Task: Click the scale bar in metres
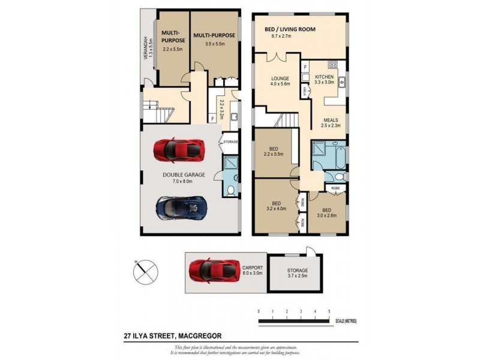[x=294, y=321]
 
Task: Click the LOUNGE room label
[x=280, y=78]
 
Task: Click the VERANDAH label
[x=144, y=47]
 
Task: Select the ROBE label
[x=335, y=188]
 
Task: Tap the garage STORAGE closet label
[x=230, y=142]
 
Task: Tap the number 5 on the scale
[x=329, y=312]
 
